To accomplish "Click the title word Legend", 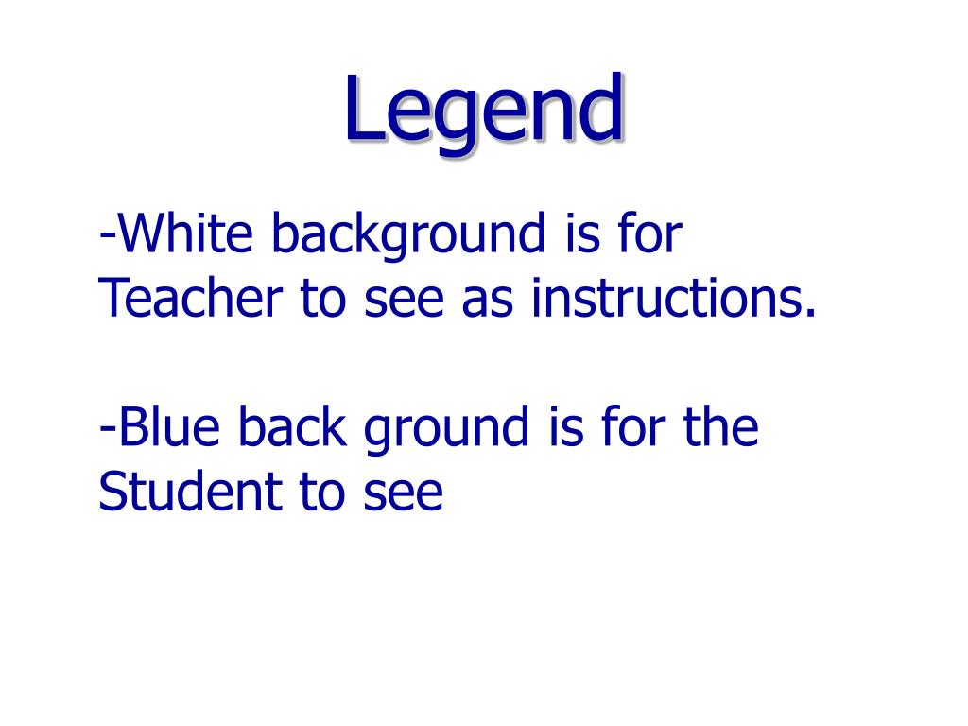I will [x=483, y=112].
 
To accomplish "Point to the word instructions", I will [x=665, y=299].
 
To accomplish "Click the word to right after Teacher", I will [x=320, y=301].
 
